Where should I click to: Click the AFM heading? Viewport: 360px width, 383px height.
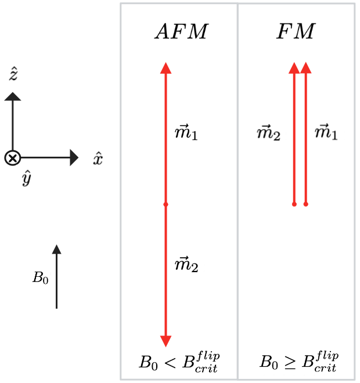(181, 32)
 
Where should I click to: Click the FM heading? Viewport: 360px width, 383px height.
(295, 32)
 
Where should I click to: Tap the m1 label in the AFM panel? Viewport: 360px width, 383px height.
(186, 134)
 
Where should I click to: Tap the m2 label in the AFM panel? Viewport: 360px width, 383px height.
(186, 266)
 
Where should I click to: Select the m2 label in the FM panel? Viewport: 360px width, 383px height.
(268, 134)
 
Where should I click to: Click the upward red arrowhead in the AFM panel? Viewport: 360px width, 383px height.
(166, 67)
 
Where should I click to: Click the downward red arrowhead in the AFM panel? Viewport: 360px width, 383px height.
(166, 341)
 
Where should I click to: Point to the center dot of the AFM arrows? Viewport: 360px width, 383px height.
(166, 204)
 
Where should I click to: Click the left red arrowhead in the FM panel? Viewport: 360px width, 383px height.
(294, 68)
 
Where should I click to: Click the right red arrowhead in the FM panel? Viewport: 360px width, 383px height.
(306, 68)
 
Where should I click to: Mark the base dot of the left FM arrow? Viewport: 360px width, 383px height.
(294, 204)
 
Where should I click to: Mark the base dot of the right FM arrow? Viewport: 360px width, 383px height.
(306, 204)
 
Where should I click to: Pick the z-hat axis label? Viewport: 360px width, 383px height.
(13, 74)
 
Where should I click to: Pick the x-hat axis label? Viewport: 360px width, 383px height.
(98, 158)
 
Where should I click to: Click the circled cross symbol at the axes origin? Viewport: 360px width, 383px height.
(12, 158)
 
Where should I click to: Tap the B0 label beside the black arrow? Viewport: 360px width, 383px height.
(40, 279)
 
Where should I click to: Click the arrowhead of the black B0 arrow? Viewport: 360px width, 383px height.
(56, 250)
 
